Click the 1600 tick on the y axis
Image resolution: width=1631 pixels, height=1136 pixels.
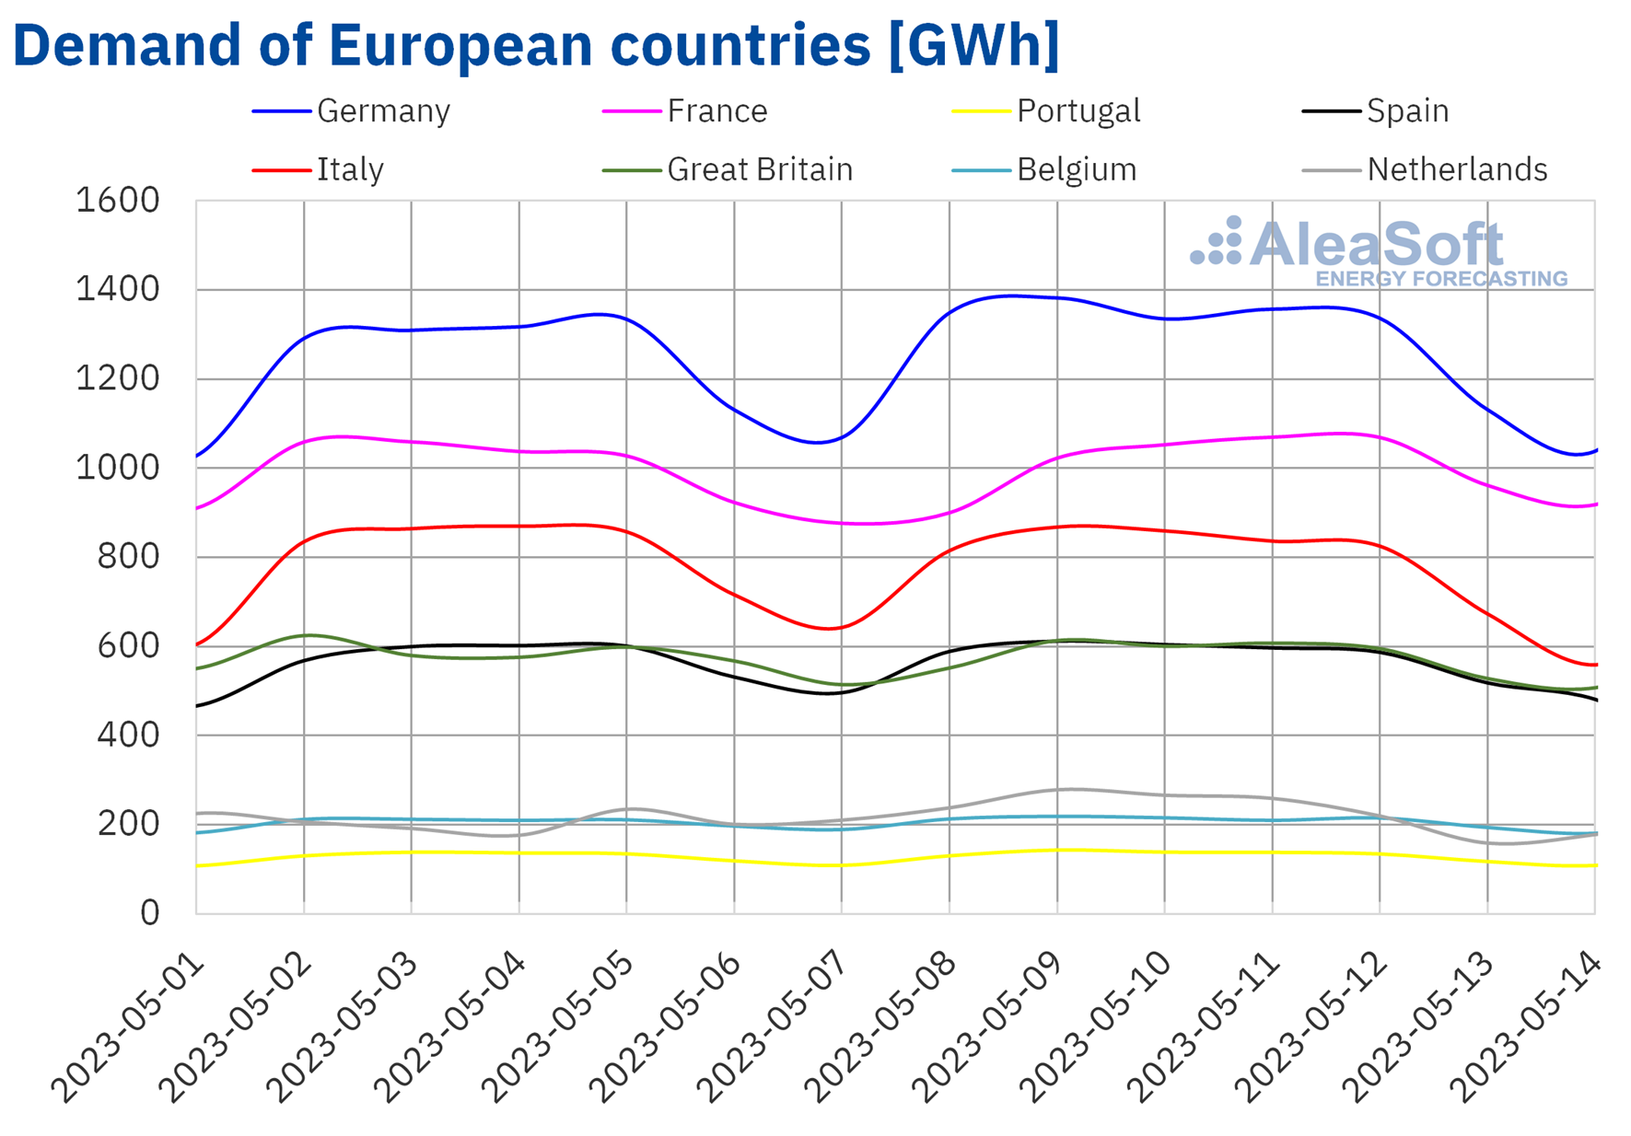point(117,200)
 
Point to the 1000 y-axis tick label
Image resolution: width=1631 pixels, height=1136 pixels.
point(117,468)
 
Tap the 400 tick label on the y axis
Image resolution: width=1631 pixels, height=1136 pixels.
point(127,735)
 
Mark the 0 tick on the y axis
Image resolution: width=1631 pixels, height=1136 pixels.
point(149,912)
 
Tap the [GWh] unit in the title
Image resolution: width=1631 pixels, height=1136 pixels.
point(973,44)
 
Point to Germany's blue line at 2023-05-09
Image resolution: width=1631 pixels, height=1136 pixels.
point(1057,297)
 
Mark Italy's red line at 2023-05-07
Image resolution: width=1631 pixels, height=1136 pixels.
point(842,626)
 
